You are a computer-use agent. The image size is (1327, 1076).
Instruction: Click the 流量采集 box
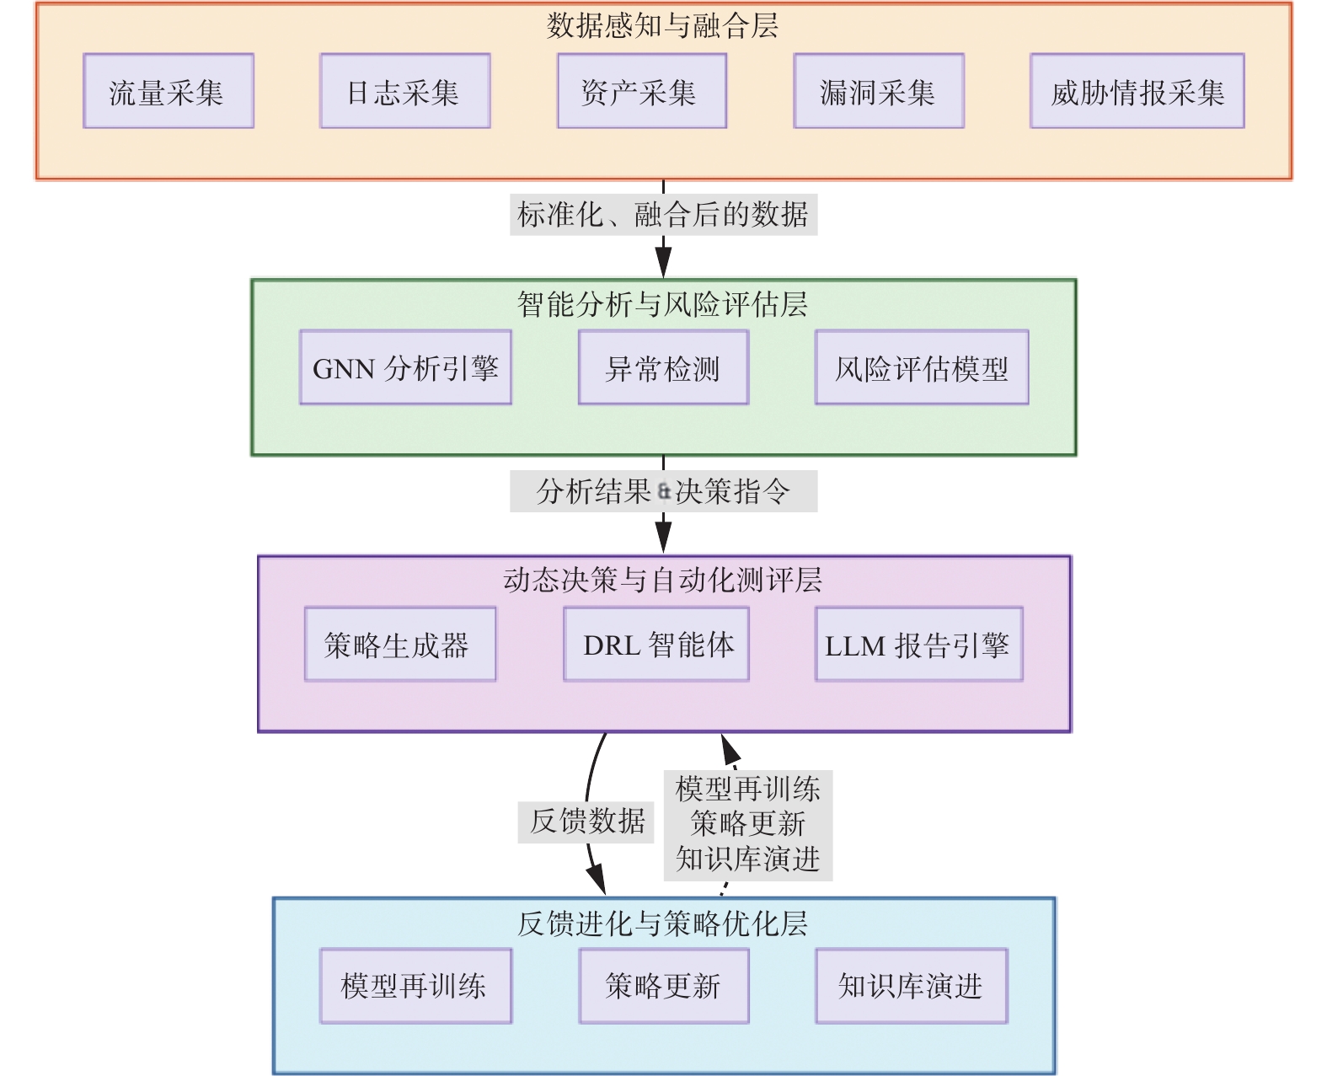pos(169,91)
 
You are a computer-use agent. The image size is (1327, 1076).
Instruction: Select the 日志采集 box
pos(405,91)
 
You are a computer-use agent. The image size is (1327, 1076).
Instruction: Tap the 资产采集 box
pos(642,91)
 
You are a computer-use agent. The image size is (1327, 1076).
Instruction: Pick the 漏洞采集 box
pos(879,91)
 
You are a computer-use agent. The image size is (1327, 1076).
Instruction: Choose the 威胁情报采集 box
pos(1137,91)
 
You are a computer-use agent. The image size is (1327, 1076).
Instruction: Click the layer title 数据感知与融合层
pos(663,26)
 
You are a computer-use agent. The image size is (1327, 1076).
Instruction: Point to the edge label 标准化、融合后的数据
pos(663,214)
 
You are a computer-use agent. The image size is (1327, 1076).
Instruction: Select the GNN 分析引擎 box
pos(405,367)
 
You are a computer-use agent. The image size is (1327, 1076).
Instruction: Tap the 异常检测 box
pos(664,367)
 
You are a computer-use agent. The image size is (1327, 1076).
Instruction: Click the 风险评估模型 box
pos(922,367)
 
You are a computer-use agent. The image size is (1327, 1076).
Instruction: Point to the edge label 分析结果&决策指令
pos(663,491)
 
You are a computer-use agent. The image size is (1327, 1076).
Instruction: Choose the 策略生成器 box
pos(400,645)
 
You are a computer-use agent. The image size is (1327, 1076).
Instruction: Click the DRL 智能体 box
pos(656,645)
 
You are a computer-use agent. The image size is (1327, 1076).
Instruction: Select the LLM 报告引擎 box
pos(918,645)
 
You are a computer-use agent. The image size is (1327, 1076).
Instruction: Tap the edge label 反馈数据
pos(586,822)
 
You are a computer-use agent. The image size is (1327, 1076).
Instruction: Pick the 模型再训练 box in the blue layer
pos(415,987)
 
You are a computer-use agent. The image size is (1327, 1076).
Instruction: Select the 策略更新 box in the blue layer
pos(664,987)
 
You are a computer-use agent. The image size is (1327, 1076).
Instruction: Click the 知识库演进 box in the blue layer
pos(911,987)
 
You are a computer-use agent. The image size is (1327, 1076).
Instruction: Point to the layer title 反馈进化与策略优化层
pos(663,924)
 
